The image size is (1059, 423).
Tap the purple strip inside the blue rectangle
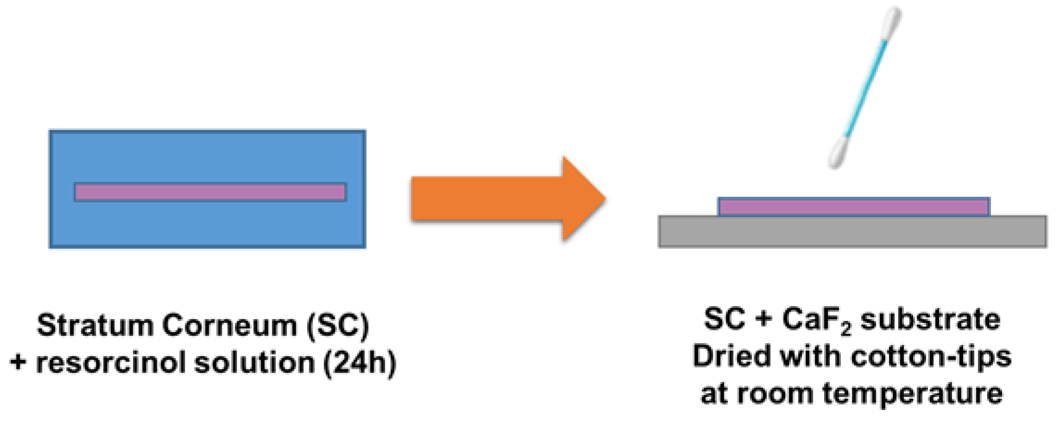210,192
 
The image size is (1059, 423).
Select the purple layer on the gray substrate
853,207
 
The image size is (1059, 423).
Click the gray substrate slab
852,232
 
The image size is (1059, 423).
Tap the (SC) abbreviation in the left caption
338,325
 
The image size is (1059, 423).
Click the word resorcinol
111,362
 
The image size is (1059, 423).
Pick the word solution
254,362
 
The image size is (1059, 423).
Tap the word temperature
912,394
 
